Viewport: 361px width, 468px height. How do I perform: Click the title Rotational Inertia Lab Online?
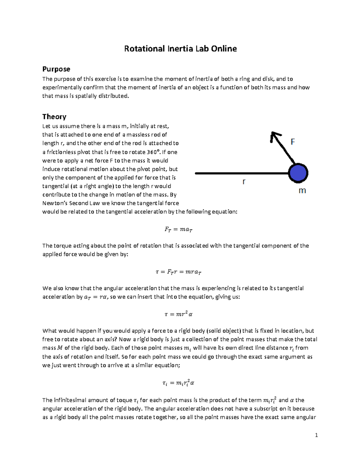click(x=180, y=49)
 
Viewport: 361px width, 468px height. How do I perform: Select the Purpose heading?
click(x=56, y=69)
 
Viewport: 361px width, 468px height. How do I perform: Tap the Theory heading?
click(x=54, y=117)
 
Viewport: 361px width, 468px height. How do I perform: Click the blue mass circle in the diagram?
click(x=298, y=173)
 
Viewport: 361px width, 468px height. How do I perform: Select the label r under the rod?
click(x=244, y=181)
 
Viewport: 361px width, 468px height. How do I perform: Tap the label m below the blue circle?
click(x=302, y=191)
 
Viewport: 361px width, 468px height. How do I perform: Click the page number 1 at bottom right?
click(x=316, y=435)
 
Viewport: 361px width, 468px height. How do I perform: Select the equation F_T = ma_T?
click(x=178, y=229)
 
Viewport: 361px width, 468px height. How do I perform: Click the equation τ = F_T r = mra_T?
click(x=178, y=272)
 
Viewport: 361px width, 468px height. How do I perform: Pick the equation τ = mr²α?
click(x=178, y=314)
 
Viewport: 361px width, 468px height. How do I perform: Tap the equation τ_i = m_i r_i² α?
click(x=178, y=383)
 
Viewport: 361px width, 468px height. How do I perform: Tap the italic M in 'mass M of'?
click(x=60, y=348)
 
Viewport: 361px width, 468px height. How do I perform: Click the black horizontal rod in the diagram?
click(x=241, y=173)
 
